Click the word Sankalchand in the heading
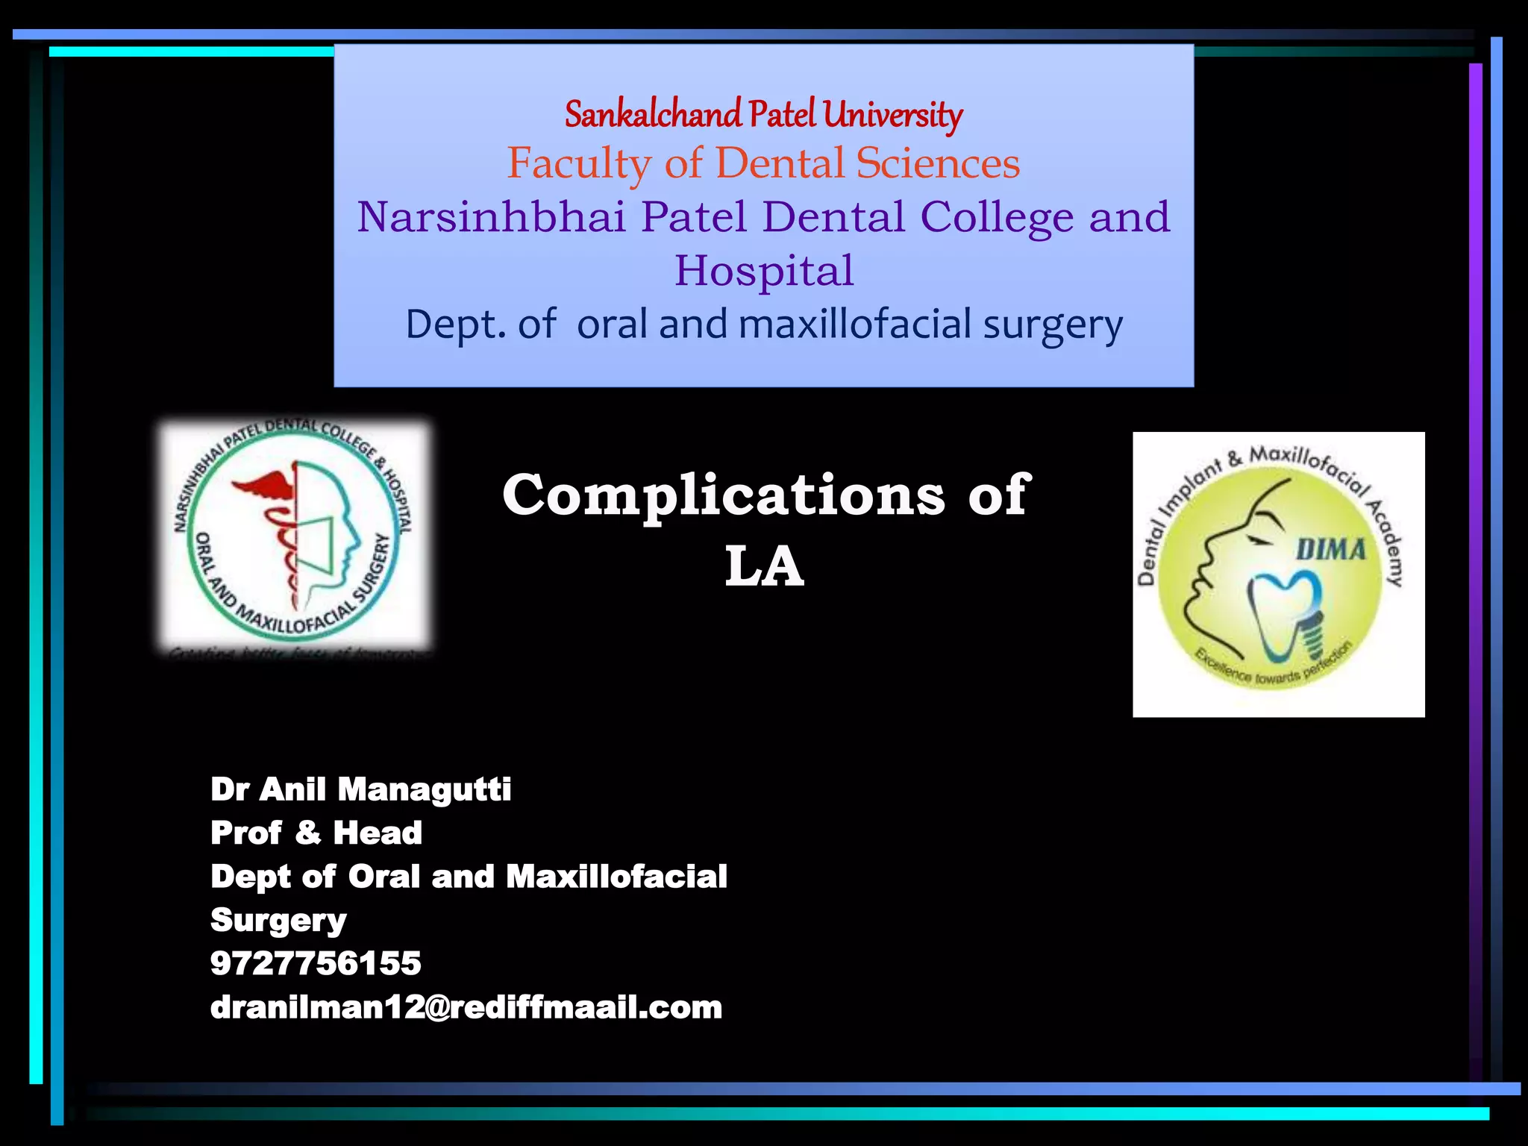click(653, 115)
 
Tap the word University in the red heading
click(893, 115)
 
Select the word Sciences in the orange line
click(938, 163)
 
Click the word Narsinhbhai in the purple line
click(491, 217)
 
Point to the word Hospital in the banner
click(764, 270)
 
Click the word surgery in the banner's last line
click(1052, 325)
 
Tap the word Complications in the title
click(723, 495)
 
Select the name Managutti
click(424, 789)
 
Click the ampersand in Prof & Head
click(307, 833)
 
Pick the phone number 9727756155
click(316, 963)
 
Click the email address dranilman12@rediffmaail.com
click(466, 1007)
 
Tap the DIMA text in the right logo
click(1330, 551)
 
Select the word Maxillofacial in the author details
click(616, 877)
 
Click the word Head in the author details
click(378, 833)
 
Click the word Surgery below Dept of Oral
click(278, 921)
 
